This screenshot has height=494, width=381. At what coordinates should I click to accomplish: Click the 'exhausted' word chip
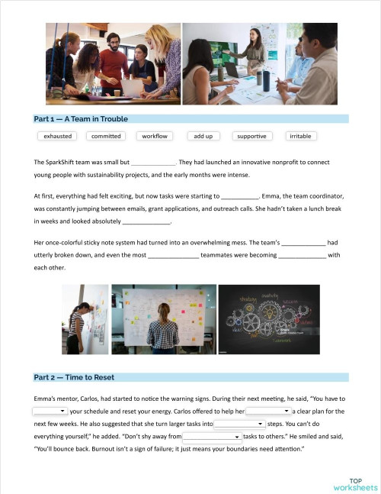(58, 136)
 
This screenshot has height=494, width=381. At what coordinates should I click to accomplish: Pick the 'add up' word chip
(203, 136)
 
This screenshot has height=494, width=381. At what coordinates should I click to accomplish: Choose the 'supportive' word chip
(251, 136)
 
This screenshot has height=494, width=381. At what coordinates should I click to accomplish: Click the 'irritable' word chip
(300, 136)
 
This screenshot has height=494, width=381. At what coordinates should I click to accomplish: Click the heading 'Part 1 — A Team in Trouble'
(81, 119)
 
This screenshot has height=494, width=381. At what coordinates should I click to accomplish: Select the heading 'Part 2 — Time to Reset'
(74, 377)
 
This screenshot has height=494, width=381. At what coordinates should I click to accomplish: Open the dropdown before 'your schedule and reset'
(50, 412)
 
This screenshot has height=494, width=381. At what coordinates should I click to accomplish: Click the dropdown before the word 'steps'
(239, 423)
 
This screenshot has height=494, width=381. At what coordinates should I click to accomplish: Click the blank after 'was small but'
(153, 163)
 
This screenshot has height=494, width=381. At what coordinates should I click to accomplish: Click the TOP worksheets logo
(355, 484)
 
